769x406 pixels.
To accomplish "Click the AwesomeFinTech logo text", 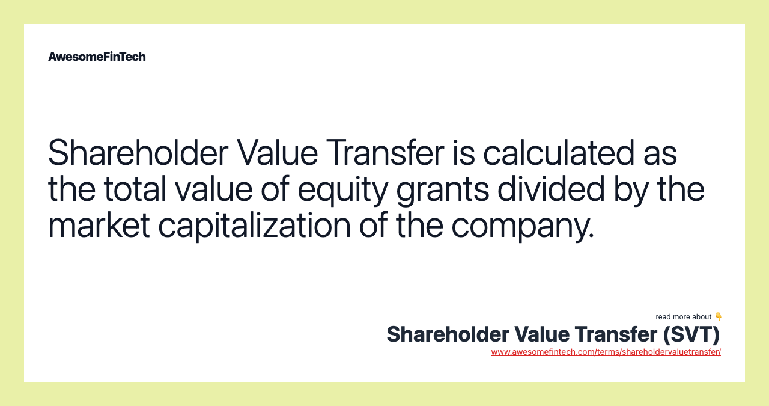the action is [x=97, y=57].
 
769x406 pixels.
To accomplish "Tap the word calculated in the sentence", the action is [x=559, y=153].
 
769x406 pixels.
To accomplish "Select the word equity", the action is [x=342, y=190].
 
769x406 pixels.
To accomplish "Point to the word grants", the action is [x=443, y=190].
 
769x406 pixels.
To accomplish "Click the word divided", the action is [x=551, y=189].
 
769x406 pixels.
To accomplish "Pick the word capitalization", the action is [x=254, y=226].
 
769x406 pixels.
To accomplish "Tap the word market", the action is [x=99, y=226].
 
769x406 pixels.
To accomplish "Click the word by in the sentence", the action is [x=631, y=190].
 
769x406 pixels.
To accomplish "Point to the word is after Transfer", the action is [x=463, y=153].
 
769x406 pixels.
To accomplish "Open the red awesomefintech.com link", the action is [x=606, y=352].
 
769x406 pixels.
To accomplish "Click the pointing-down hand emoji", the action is [x=718, y=316].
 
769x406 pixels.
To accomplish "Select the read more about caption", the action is [x=683, y=317].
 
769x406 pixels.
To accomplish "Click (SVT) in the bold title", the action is [x=691, y=334].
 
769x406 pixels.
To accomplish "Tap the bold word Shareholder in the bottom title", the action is [x=448, y=334].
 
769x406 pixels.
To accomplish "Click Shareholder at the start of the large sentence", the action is [x=138, y=153].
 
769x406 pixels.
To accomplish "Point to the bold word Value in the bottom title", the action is [x=541, y=334].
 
